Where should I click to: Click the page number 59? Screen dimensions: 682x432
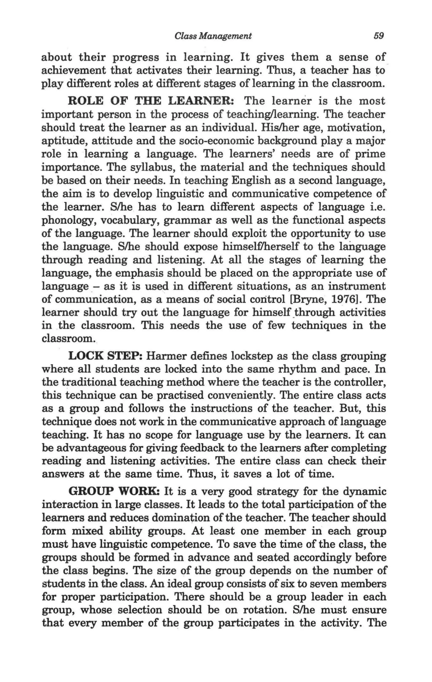[378, 36]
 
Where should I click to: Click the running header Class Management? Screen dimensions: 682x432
[213, 36]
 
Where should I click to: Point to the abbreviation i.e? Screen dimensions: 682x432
[378, 207]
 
